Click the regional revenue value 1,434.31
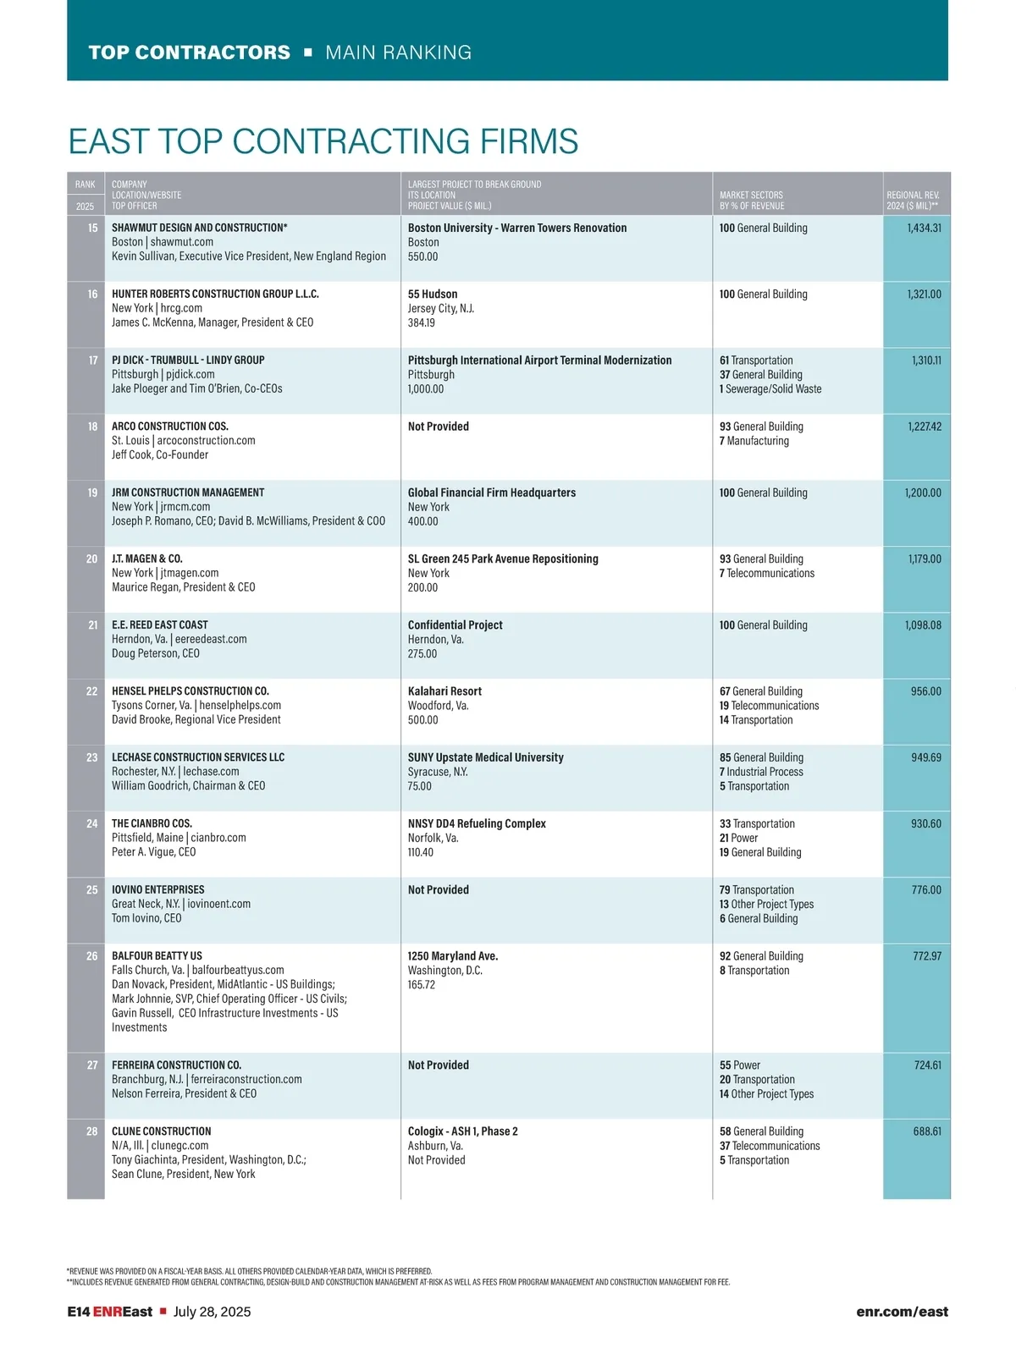924,228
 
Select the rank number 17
93,360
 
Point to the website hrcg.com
181,308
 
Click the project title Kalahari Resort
444,691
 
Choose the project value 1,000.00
426,389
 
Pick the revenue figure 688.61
927,1131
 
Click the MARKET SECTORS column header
751,195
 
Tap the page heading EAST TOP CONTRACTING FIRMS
323,141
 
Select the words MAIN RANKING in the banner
398,52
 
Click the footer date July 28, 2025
212,1312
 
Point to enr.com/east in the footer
902,1312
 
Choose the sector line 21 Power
738,838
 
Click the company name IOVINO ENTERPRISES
158,889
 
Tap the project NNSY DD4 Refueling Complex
477,823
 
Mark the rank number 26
92,955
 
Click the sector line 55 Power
740,1065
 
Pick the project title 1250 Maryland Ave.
453,956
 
